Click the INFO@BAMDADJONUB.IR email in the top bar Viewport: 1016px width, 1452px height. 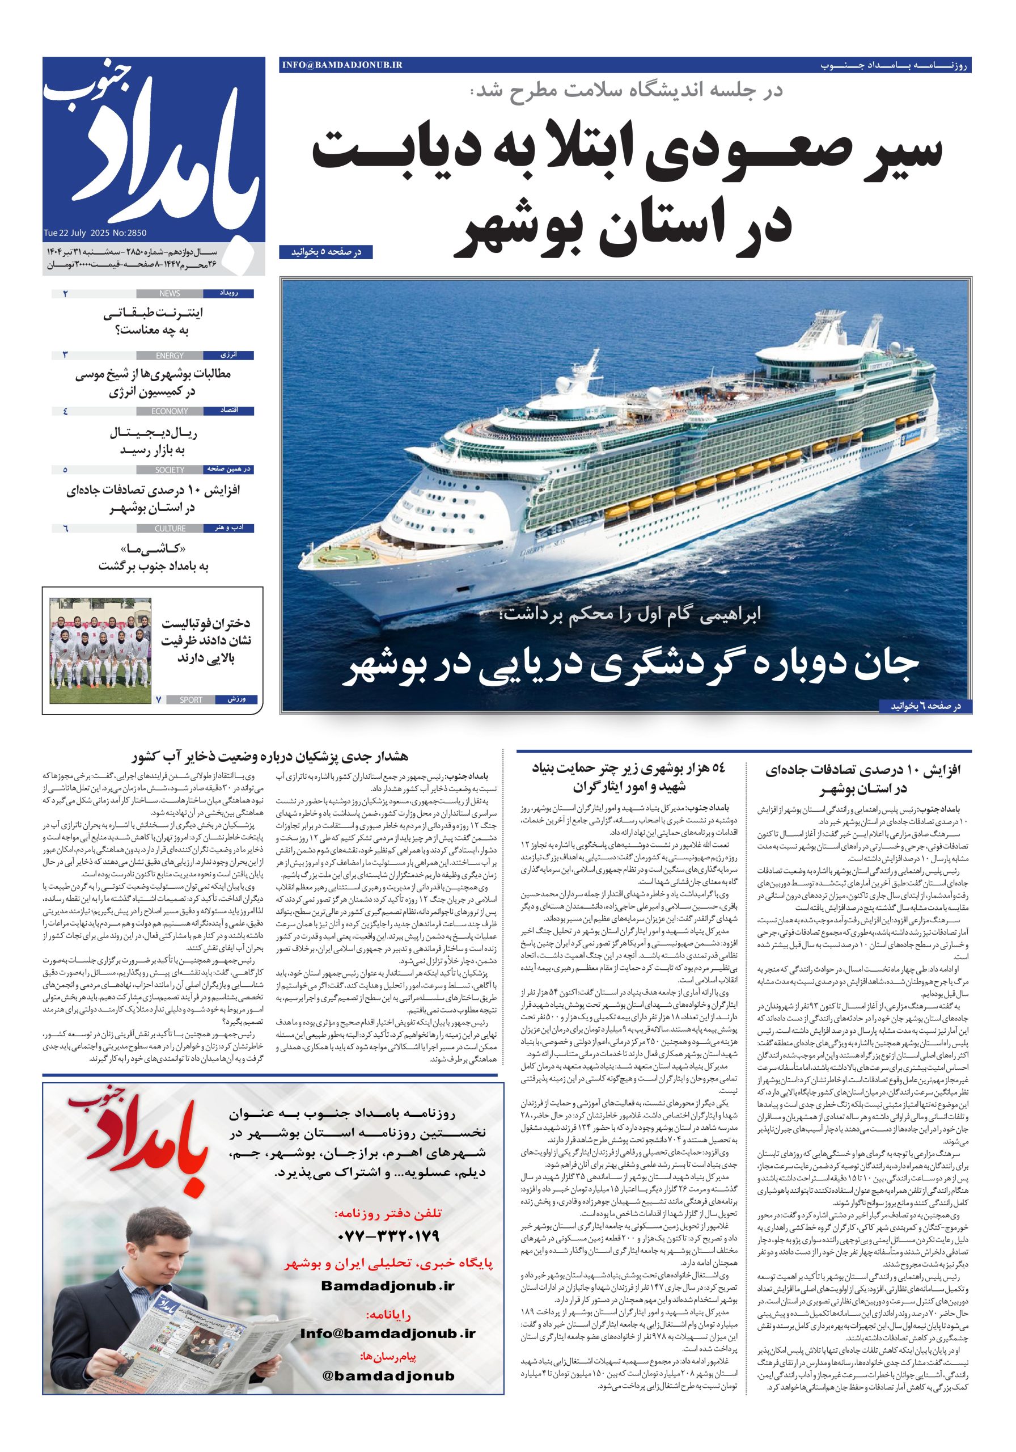click(342, 65)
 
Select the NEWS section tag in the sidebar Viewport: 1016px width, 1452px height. click(170, 293)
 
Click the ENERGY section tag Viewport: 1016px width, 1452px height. click(170, 356)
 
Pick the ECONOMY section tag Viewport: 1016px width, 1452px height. click(170, 411)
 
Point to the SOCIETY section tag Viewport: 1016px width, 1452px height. click(170, 470)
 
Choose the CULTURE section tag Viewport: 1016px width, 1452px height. click(170, 529)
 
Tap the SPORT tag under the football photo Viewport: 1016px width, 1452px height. click(191, 700)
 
